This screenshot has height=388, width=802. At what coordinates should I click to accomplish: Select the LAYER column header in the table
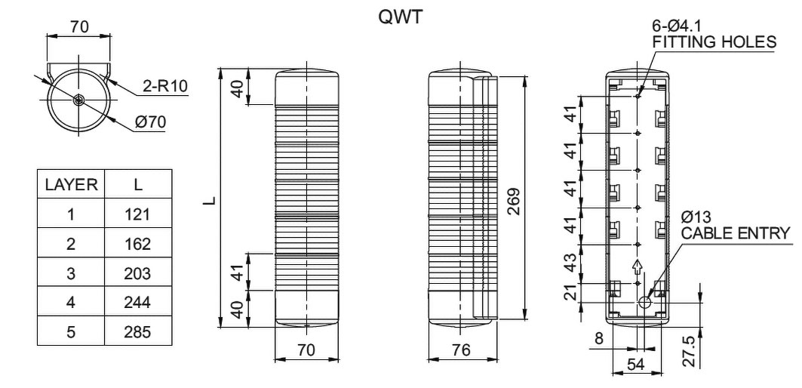(x=70, y=184)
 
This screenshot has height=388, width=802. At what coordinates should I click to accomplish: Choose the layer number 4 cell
(x=70, y=303)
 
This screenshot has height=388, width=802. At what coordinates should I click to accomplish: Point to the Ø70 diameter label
(x=158, y=122)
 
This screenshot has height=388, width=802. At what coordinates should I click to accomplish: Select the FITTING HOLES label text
(x=713, y=42)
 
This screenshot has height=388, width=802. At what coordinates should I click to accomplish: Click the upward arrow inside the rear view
(x=638, y=266)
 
